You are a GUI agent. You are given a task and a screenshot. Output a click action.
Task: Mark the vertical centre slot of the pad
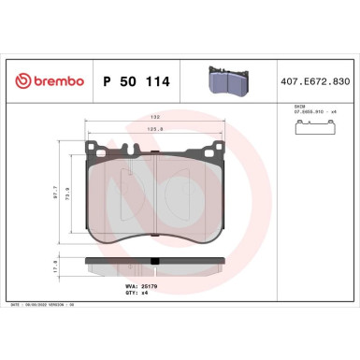tap(154, 201)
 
